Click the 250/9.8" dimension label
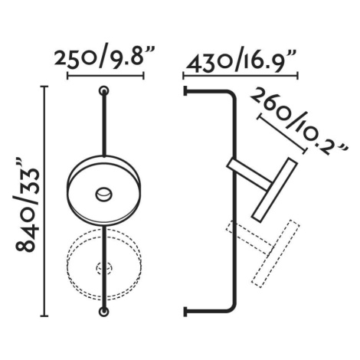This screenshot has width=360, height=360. pyautogui.click(x=105, y=57)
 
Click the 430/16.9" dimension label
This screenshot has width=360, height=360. pyautogui.click(x=241, y=61)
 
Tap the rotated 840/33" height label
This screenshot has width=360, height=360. pyautogui.click(x=27, y=205)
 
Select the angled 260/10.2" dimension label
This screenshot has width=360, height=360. pyautogui.click(x=298, y=121)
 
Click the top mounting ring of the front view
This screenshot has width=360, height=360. pyautogui.click(x=104, y=90)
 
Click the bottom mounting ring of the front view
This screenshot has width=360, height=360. pyautogui.click(x=104, y=312)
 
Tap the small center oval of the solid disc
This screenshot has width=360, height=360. pyautogui.click(x=103, y=195)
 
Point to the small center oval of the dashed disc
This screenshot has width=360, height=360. pyautogui.click(x=104, y=268)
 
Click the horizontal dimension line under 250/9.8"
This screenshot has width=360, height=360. pyautogui.click(x=106, y=76)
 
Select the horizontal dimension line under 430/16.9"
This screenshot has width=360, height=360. pyautogui.click(x=241, y=76)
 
